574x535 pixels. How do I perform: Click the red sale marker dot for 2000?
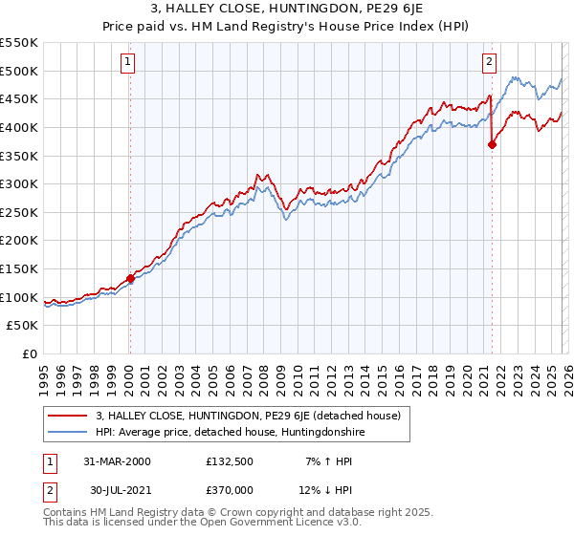pos(131,279)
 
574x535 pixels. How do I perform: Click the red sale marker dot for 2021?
pos(492,145)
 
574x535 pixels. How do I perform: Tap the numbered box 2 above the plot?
pos(489,63)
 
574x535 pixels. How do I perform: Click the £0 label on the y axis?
pos(29,354)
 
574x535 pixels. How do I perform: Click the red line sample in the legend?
pos(68,416)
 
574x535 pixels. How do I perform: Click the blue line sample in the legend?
pos(68,432)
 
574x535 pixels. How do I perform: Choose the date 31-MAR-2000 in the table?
pos(117,461)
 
